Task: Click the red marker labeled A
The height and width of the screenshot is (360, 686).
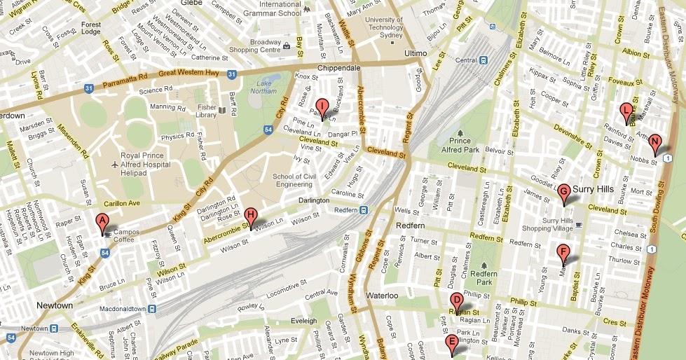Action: coord(102,223)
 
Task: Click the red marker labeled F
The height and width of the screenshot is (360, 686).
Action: coord(562,253)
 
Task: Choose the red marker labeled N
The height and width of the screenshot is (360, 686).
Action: coord(654,143)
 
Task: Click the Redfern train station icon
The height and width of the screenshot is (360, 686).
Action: coord(364,209)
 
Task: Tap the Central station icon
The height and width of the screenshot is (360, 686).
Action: coord(483,60)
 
